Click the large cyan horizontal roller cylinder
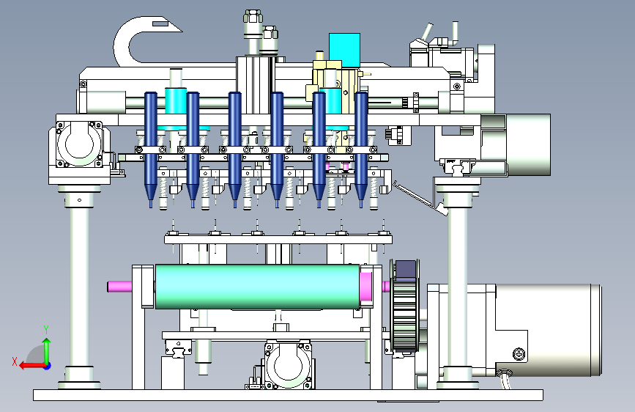click(257, 287)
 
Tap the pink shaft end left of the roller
click(119, 287)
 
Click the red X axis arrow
click(32, 366)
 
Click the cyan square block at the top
click(345, 48)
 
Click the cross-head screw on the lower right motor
click(519, 354)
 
